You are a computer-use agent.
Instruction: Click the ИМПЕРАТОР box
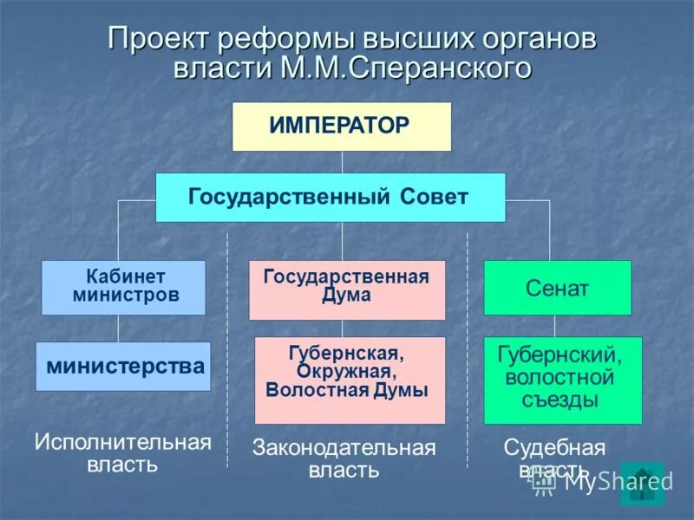click(x=341, y=127)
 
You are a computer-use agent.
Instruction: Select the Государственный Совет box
click(x=330, y=197)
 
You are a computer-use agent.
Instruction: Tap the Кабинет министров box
click(x=123, y=287)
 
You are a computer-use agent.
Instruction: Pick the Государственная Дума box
click(x=347, y=289)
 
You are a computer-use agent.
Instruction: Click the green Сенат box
click(x=557, y=288)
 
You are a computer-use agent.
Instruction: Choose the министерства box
click(x=123, y=366)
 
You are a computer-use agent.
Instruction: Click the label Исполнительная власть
click(x=122, y=452)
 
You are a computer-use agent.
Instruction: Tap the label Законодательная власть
click(x=344, y=458)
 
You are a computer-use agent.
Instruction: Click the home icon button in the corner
click(x=642, y=484)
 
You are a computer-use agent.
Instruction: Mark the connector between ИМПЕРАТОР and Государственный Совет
click(x=342, y=162)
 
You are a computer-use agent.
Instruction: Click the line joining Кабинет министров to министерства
click(x=119, y=328)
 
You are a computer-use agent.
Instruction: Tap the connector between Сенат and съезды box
click(x=554, y=326)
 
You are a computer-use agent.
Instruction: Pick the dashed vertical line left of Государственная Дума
click(x=227, y=347)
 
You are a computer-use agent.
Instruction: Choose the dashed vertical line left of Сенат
click(x=468, y=347)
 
